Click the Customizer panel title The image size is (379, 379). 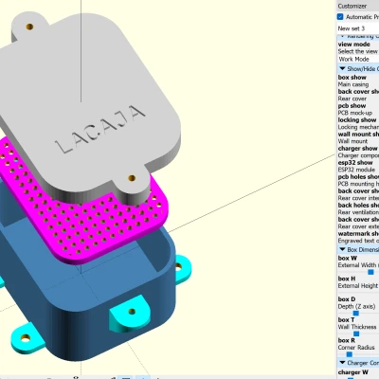click(352, 5)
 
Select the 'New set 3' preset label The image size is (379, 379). click(351, 28)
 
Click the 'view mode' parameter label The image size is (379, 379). click(353, 44)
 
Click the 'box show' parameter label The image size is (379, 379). click(352, 77)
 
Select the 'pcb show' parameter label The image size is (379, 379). click(352, 106)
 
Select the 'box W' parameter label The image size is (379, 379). click(348, 258)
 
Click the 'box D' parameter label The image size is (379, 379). click(348, 299)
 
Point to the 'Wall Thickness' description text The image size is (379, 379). click(356, 327)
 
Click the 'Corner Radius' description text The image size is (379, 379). click(356, 348)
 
